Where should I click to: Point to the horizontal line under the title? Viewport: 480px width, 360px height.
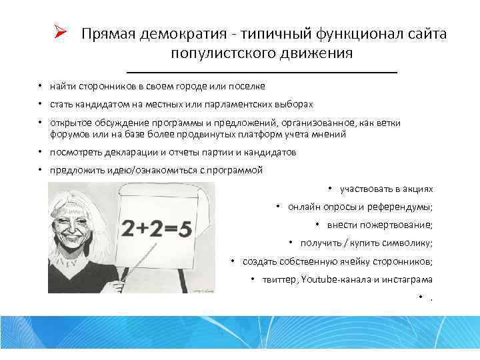261,71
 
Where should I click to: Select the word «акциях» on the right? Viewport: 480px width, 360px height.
417,189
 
